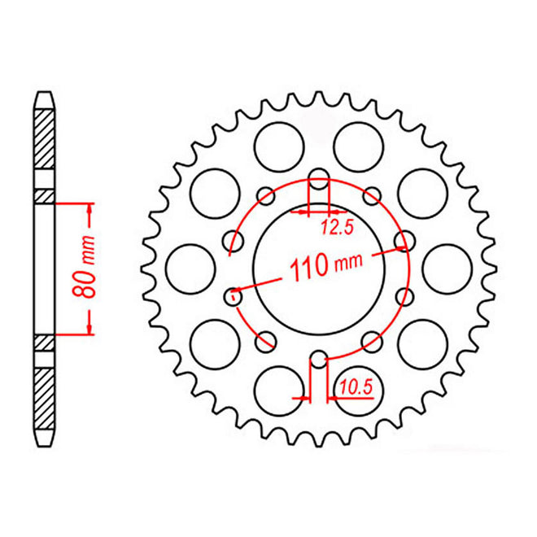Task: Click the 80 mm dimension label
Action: pos(89,268)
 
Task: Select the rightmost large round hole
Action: pos(444,266)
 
